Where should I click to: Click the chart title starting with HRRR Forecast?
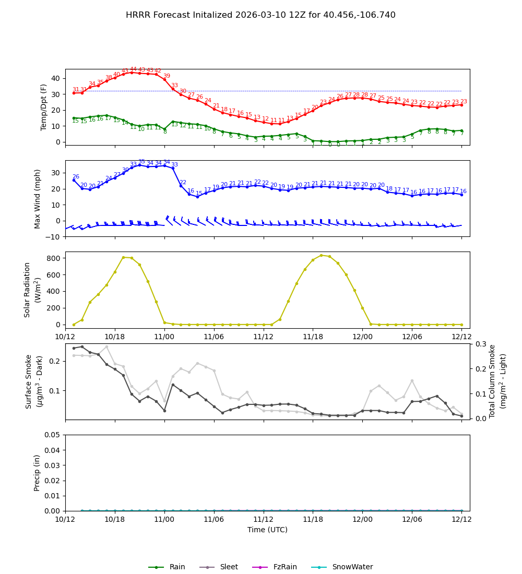[x=260, y=15]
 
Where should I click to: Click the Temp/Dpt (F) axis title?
[x=44, y=107]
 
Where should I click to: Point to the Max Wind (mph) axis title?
[x=38, y=198]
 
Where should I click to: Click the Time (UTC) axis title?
[x=267, y=530]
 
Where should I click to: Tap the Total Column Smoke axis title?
[x=492, y=381]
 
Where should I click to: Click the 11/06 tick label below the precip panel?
[x=213, y=519]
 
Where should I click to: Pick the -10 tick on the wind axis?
[x=53, y=237]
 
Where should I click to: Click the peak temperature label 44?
[x=133, y=69]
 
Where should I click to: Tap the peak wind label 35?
[x=141, y=162]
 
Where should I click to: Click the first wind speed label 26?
[x=76, y=177]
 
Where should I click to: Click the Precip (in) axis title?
[x=37, y=473]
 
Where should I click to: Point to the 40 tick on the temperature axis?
[x=56, y=78]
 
